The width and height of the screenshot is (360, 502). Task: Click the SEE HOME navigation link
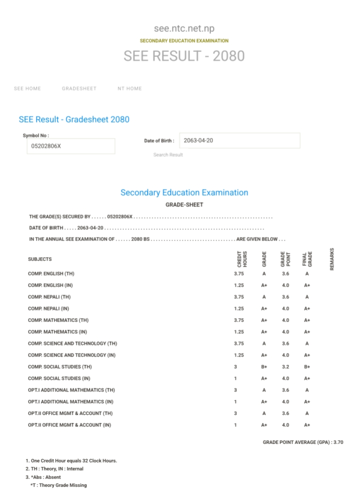click(27, 88)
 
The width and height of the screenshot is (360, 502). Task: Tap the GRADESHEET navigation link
click(79, 88)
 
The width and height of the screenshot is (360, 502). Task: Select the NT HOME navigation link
click(129, 88)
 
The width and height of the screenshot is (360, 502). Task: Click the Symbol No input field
click(70, 146)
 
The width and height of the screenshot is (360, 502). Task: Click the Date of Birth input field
click(239, 140)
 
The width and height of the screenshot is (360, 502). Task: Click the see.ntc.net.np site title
click(184, 28)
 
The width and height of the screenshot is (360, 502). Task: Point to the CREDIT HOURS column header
click(241, 259)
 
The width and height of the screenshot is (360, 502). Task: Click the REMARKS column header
click(332, 259)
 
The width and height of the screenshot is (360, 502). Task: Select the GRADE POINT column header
click(285, 259)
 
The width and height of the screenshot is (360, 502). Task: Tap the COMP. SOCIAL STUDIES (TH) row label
click(60, 367)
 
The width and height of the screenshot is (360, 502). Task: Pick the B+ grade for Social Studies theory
click(264, 367)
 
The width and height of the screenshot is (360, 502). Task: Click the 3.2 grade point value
click(285, 367)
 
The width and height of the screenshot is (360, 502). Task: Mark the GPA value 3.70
click(338, 442)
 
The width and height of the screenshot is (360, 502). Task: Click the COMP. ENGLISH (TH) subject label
click(51, 274)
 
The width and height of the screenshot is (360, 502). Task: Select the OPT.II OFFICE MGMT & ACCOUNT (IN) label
click(69, 425)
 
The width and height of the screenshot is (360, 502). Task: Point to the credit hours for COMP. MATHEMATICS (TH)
click(239, 320)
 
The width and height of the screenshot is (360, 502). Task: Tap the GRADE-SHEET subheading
click(184, 204)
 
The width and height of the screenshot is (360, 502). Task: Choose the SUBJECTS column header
click(40, 259)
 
